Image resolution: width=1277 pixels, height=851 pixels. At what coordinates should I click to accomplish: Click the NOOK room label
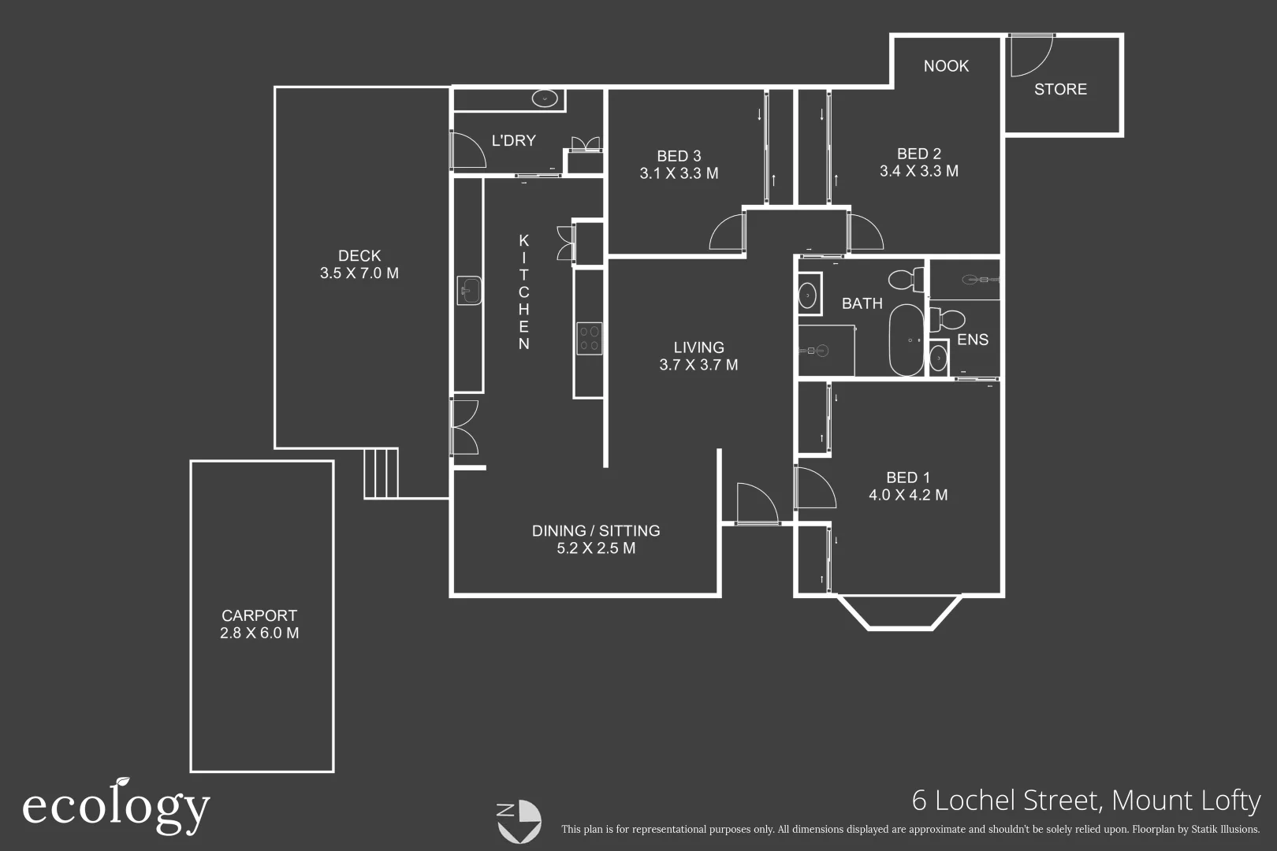[946, 66]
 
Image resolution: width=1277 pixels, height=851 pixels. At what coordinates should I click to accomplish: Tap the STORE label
[1060, 90]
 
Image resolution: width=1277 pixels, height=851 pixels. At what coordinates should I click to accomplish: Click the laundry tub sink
[545, 99]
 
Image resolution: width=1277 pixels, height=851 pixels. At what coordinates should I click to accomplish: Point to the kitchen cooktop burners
[589, 338]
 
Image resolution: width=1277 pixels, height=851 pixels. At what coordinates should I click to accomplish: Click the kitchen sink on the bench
[469, 291]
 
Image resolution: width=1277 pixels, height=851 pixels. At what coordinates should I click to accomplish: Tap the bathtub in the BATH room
[906, 341]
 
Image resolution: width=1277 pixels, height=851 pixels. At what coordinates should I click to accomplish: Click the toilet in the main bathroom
[906, 279]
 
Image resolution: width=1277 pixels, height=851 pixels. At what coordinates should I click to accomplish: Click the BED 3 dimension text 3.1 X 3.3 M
[679, 173]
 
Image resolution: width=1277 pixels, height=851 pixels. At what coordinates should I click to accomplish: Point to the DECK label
[359, 255]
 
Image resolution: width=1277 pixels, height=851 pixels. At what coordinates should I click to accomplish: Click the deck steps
[382, 473]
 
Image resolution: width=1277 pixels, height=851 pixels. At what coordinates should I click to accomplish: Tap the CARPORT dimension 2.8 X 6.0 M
[259, 633]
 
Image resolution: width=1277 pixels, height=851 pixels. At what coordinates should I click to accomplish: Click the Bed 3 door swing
[727, 232]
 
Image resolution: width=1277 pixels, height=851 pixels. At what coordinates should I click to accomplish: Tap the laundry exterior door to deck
[467, 149]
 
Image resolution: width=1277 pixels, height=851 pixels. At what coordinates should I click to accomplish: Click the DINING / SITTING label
[596, 530]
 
